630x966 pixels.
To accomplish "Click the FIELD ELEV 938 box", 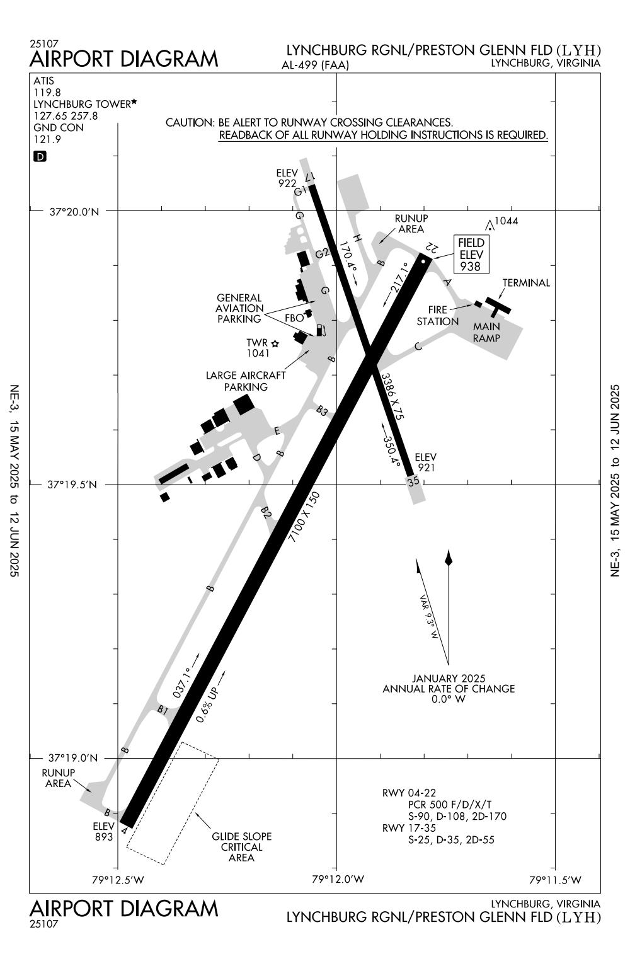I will point(471,255).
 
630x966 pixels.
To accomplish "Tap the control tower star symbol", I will point(275,343).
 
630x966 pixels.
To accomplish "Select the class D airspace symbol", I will point(40,156).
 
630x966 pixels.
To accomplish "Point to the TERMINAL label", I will point(525,283).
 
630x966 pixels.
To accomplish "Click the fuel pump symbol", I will point(321,330).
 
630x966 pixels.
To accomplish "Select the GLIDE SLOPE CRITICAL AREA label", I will point(241,846).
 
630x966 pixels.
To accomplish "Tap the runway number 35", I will point(413,481).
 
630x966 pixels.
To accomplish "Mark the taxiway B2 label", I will point(266,513).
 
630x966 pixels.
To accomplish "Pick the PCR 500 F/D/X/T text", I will point(450,805).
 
